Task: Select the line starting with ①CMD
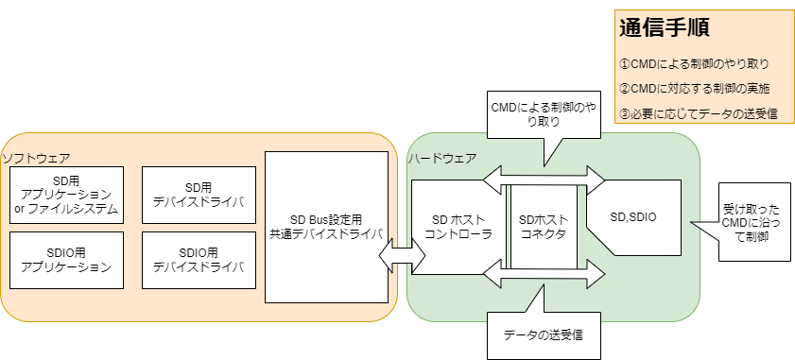(693, 64)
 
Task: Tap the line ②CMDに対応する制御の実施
(693, 88)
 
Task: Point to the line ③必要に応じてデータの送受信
(698, 113)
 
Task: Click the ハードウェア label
(442, 158)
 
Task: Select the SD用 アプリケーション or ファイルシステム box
(66, 195)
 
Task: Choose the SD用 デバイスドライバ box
(199, 195)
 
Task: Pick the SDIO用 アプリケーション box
(66, 260)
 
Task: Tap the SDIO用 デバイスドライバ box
(199, 260)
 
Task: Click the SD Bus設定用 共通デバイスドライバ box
(326, 227)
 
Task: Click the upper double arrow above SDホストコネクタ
(544, 176)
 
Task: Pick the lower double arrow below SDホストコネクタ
(544, 276)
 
